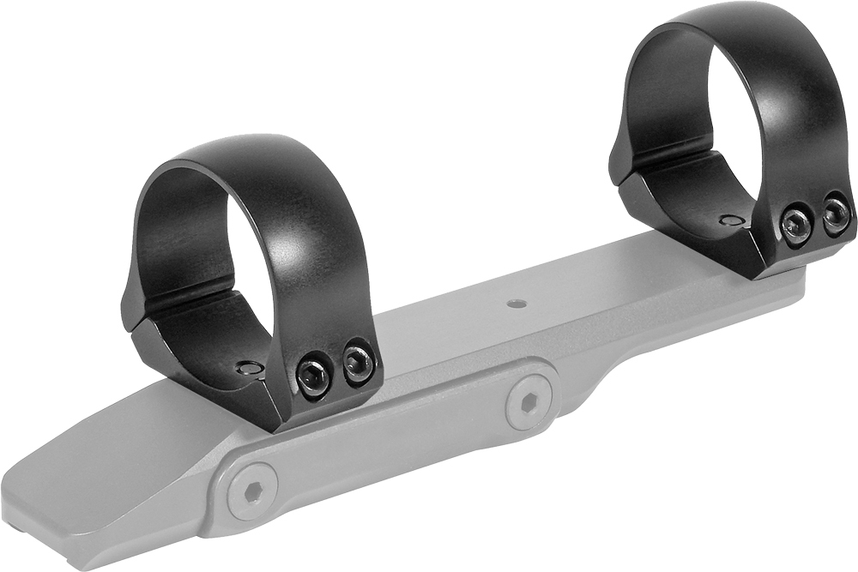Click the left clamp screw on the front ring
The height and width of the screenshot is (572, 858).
(313, 375)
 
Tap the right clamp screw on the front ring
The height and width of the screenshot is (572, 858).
(358, 364)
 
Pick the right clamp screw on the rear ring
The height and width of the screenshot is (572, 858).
(836, 214)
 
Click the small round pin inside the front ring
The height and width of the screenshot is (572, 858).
(250, 367)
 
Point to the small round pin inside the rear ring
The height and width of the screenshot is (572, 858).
(732, 220)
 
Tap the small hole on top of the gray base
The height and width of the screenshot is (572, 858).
(515, 303)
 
